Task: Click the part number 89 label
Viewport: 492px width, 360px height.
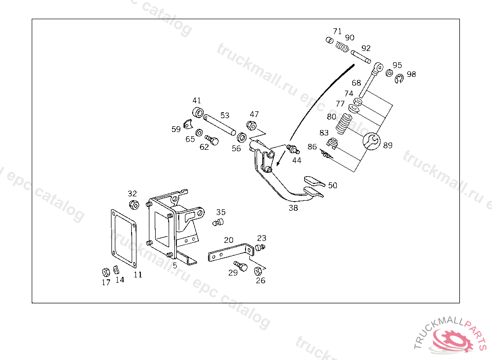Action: click(x=388, y=145)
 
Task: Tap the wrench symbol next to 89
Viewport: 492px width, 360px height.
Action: click(x=371, y=141)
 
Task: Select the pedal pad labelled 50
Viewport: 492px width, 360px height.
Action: click(x=313, y=181)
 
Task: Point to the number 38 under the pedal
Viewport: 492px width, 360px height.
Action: click(x=293, y=208)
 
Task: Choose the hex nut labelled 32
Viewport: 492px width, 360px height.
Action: click(x=134, y=205)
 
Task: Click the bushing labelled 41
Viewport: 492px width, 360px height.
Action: click(x=198, y=113)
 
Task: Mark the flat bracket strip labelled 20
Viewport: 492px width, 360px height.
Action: click(x=231, y=253)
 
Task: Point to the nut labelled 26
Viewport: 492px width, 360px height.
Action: click(x=258, y=271)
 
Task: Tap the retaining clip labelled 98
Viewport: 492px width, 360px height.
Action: click(x=399, y=79)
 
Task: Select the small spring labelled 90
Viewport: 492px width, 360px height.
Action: click(x=342, y=47)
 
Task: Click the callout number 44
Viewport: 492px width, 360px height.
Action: click(x=297, y=160)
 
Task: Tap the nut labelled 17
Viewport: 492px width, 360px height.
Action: click(x=107, y=271)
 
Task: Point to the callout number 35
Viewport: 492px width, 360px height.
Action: click(x=221, y=212)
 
